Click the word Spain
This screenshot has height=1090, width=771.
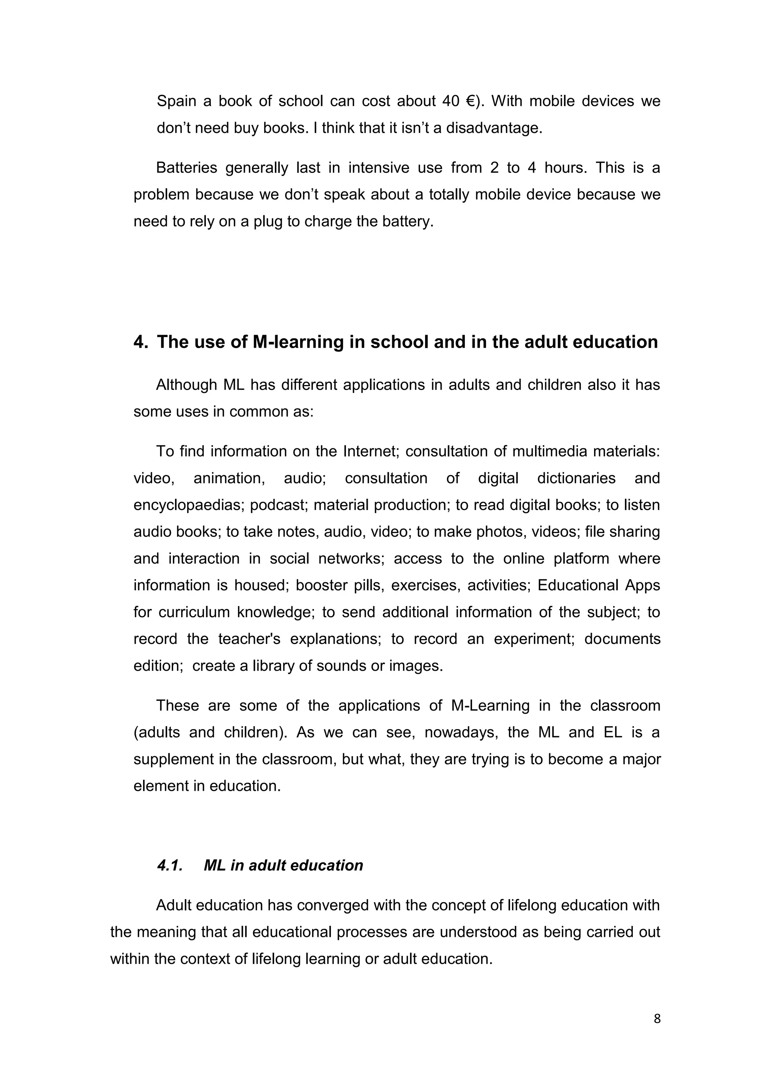pyautogui.click(x=176, y=101)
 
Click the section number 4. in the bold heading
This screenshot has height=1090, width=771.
pyautogui.click(x=141, y=342)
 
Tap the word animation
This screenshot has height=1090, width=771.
pyautogui.click(x=229, y=478)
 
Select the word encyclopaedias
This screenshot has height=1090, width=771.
pyautogui.click(x=189, y=505)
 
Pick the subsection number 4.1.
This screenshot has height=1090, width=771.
pyautogui.click(x=169, y=865)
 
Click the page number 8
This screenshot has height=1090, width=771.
pyautogui.click(x=657, y=1019)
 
